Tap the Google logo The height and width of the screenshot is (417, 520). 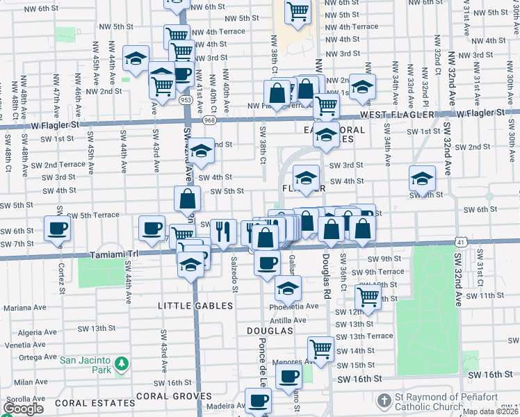coord(23,409)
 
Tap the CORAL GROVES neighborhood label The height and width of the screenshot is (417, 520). coord(174,395)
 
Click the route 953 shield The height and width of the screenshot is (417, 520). coord(186,100)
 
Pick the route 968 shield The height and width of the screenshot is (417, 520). coord(210,120)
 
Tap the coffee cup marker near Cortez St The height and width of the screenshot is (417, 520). coord(58,229)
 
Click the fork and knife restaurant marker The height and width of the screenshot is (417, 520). coord(222,231)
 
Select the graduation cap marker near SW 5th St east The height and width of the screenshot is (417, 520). coord(422,179)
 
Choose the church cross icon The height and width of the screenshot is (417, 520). coord(384,400)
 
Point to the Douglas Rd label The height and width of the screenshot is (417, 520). coord(325,270)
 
